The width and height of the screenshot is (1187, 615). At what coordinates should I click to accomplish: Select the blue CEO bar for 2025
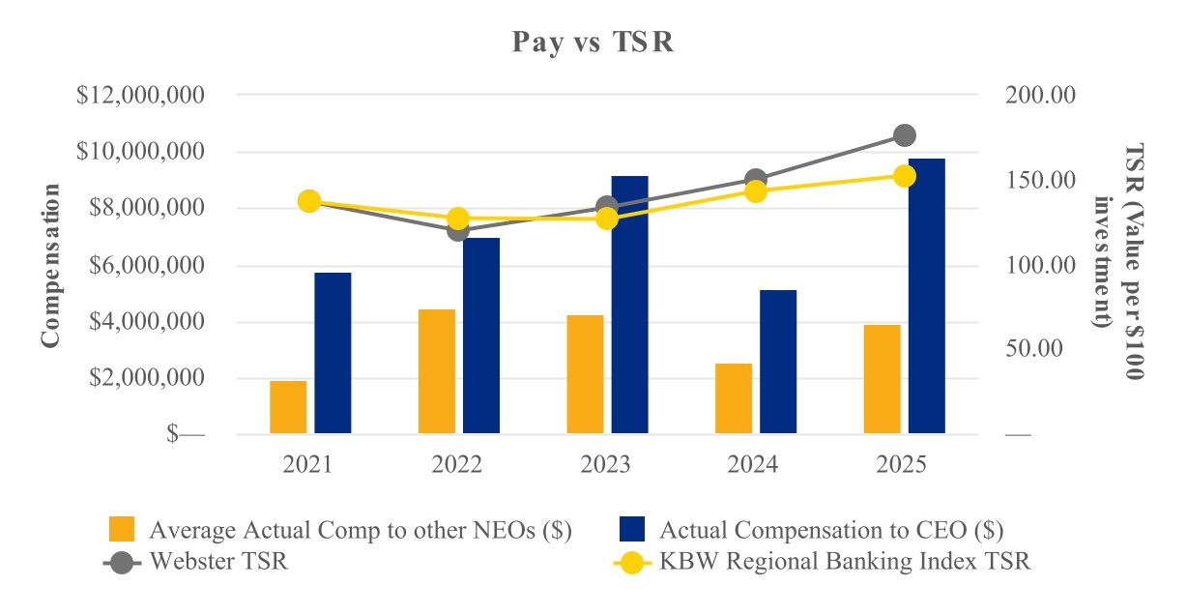[x=926, y=296]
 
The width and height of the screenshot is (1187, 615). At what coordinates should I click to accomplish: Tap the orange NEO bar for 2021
[x=288, y=407]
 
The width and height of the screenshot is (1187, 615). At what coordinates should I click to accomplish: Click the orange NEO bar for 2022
[x=437, y=371]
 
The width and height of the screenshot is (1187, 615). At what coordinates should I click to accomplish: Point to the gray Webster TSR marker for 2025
[x=905, y=135]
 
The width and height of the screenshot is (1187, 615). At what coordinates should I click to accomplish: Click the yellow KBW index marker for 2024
[x=756, y=191]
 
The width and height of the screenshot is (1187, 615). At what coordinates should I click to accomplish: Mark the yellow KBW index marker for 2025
[x=905, y=176]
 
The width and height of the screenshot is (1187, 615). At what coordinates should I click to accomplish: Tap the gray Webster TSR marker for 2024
[x=756, y=180]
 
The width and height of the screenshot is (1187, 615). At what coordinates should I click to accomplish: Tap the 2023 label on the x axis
[x=605, y=465]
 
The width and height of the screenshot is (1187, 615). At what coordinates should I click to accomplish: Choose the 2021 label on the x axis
[x=308, y=465]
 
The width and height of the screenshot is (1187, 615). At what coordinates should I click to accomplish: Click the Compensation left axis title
[x=50, y=265]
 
